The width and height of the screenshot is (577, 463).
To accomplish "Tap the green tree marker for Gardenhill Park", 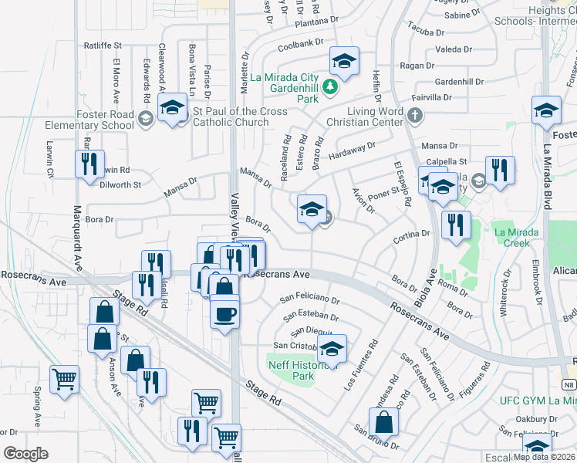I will (329, 86).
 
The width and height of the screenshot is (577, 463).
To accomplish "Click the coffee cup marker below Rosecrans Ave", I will (224, 314).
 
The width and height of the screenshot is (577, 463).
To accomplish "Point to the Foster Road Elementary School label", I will (106, 120).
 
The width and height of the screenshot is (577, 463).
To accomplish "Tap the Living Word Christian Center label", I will (365, 117).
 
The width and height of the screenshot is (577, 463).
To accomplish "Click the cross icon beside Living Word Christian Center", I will (415, 117).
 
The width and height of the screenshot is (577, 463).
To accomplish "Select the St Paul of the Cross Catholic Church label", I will (241, 117).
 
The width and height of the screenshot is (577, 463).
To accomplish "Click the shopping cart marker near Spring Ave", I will (64, 379).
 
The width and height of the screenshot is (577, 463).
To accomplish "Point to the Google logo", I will (25, 454).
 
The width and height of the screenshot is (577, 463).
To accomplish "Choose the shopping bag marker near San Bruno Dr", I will (383, 422).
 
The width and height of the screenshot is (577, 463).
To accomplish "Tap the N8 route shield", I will (569, 384).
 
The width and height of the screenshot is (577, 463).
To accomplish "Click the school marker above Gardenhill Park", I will (345, 61).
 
